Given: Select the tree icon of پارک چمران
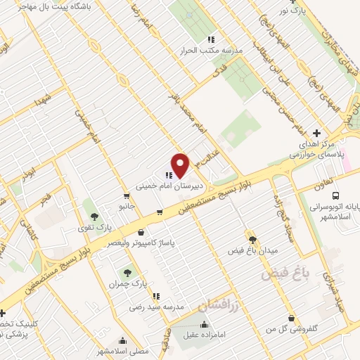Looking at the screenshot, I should coord(127,272).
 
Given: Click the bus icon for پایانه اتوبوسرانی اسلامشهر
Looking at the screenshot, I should coord(336,195).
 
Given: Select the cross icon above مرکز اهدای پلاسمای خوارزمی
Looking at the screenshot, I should coord(317,132).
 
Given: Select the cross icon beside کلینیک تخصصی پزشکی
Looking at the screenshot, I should coord(4,313).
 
